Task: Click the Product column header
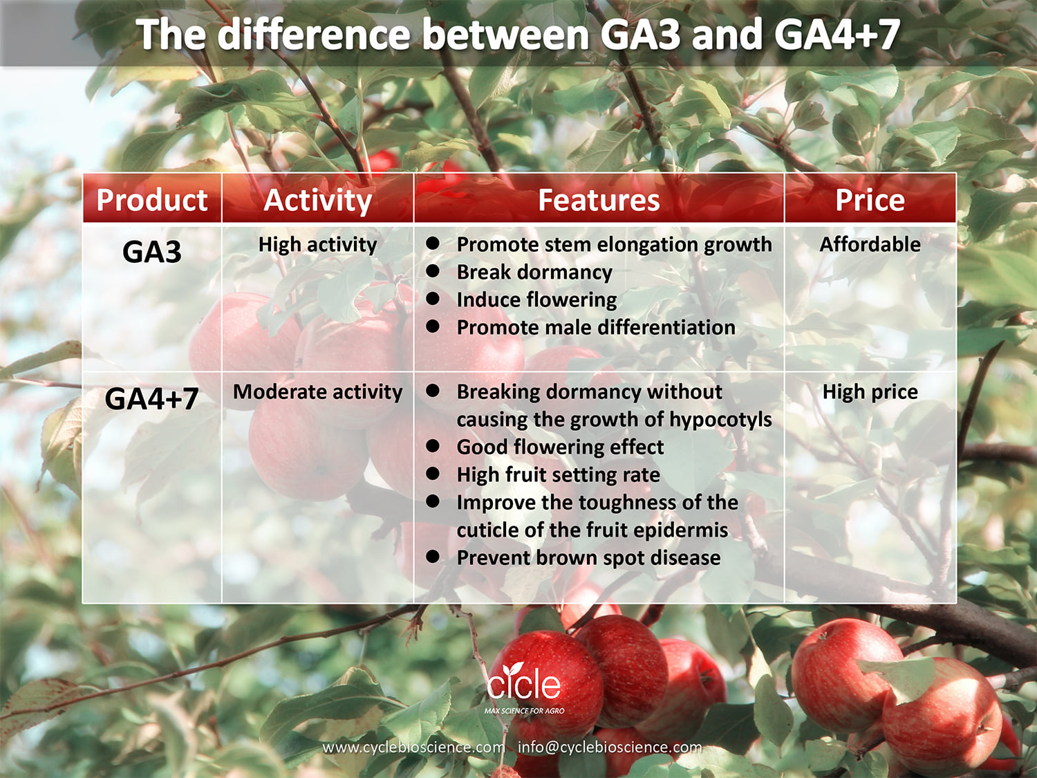pos(151,201)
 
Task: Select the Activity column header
pos(317,201)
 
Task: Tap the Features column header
pos(599,200)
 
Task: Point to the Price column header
pos(870,200)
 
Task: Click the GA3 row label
pos(151,252)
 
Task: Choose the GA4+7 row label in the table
pos(151,399)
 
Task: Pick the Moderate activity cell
pos(317,392)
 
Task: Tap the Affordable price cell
pos(870,245)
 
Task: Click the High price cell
pos(870,392)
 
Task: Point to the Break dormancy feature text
pos(534,272)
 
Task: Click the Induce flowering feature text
pos(536,300)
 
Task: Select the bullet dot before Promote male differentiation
pos(432,326)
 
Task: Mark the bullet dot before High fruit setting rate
pos(432,473)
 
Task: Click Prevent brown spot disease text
pos(588,558)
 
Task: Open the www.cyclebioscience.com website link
pos(414,748)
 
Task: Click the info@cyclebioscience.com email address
pos(610,748)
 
